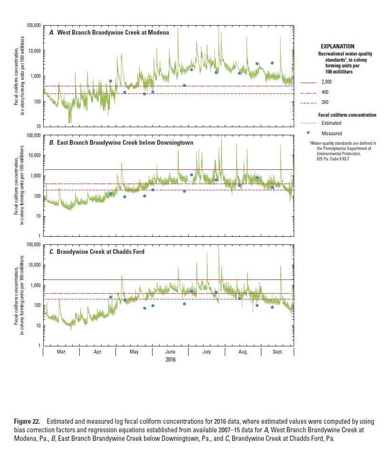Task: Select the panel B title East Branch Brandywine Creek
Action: click(x=121, y=142)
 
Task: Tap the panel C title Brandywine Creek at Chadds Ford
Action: click(x=100, y=251)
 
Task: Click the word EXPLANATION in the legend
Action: click(x=337, y=46)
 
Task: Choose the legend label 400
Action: click(x=325, y=92)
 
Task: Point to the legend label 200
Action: click(x=325, y=102)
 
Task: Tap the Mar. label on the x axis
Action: click(x=61, y=352)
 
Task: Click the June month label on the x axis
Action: click(x=170, y=352)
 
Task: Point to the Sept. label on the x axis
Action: click(x=278, y=352)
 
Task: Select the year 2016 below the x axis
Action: click(x=171, y=360)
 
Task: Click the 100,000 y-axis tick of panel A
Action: click(x=33, y=25)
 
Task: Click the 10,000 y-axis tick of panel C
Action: click(x=34, y=265)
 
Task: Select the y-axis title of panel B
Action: click(x=19, y=186)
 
